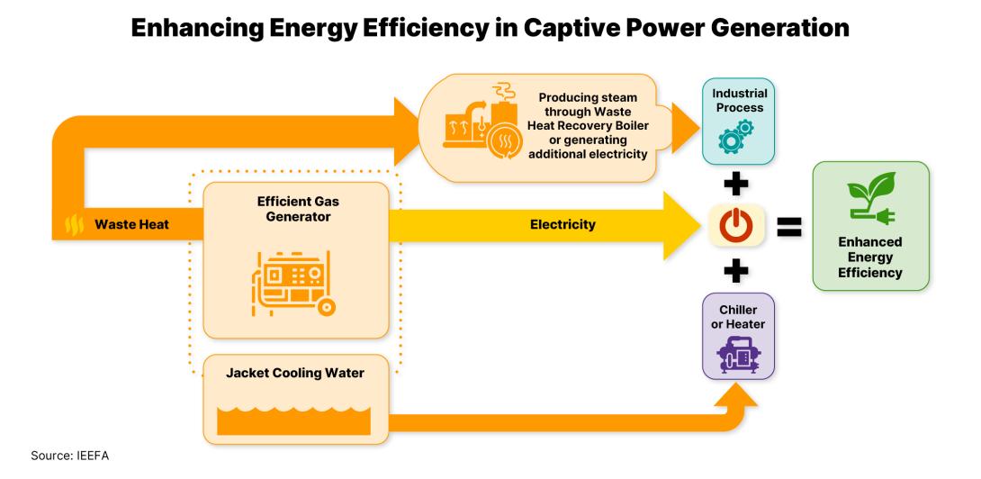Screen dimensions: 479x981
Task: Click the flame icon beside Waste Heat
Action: coord(75,225)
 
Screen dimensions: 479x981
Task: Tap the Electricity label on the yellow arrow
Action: coord(562,224)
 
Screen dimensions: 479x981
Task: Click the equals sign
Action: coord(789,226)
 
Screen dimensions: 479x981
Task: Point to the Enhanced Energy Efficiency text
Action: coord(870,257)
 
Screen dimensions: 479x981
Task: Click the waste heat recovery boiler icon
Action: coord(478,127)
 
